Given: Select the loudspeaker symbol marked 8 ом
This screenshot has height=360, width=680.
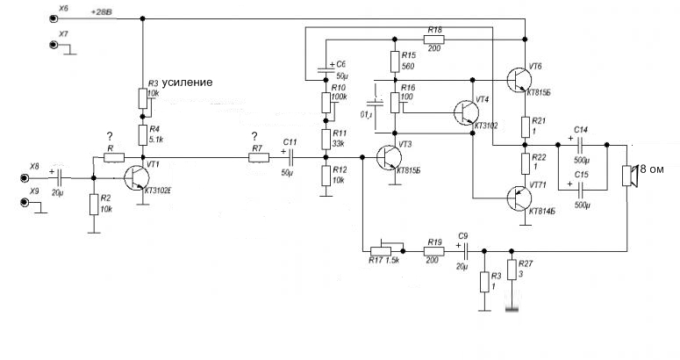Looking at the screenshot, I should tap(628, 175).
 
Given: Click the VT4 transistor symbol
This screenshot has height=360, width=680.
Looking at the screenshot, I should tap(465, 112).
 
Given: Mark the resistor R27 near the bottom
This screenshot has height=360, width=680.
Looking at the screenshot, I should tap(512, 280).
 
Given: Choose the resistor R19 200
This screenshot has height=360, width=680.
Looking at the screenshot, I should tap(433, 248).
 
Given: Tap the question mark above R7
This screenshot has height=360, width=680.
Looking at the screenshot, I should tap(254, 136).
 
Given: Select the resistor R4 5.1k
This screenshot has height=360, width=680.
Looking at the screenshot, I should tap(142, 134).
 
